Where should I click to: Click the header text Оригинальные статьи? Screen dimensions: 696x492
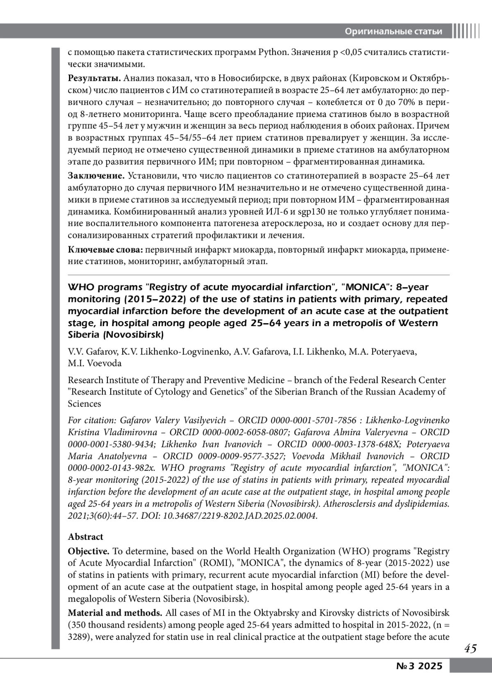tap(393, 32)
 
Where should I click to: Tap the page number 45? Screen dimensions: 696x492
tap(470, 649)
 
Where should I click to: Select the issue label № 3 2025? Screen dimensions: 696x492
tap(419, 666)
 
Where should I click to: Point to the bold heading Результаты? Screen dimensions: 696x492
tap(94, 78)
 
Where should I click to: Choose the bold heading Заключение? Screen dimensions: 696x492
tap(96, 176)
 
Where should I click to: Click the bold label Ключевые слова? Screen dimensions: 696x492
tap(105, 250)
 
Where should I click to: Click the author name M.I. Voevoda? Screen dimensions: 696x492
tap(95, 363)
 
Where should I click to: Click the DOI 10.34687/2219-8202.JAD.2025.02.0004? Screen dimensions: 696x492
tap(240, 516)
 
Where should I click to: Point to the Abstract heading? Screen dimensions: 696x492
tap(85, 537)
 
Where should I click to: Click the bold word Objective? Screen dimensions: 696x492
tap(89, 551)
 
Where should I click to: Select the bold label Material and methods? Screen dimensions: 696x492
tap(115, 613)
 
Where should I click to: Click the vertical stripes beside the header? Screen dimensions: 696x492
tap(466, 32)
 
